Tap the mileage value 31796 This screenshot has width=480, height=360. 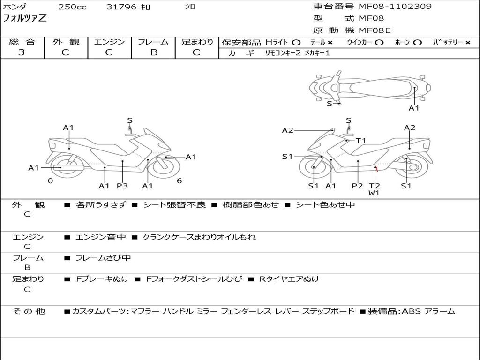121,7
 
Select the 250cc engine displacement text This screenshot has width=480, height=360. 72,7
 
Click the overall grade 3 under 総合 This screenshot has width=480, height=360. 22,52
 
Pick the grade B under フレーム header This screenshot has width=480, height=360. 153,52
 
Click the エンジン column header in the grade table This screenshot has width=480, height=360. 109,42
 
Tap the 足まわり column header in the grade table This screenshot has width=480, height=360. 197,42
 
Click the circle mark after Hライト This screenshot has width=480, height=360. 296,43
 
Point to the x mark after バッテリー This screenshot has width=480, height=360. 468,43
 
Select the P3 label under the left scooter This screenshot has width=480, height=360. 122,186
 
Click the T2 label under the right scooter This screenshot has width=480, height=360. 375,186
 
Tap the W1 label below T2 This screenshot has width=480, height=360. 374,193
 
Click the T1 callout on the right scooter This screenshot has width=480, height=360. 360,141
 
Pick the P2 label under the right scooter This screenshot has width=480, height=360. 358,186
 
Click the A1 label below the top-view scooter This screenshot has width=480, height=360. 414,108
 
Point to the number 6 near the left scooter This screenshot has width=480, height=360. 179,181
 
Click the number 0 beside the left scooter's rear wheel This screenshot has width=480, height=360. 50,181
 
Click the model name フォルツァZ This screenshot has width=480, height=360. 25,19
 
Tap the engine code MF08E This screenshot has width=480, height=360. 375,31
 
